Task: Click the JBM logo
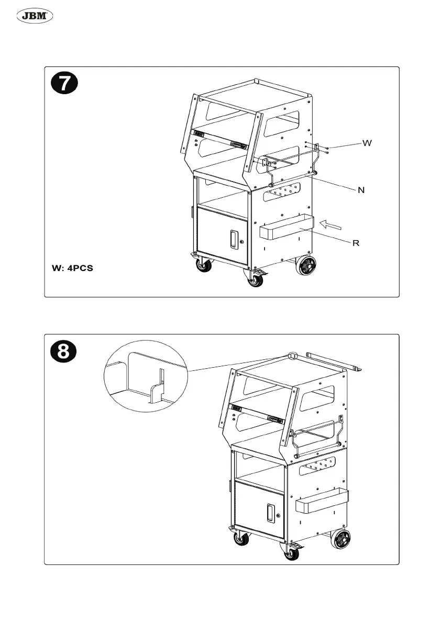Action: (36, 17)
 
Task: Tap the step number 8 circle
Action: (63, 351)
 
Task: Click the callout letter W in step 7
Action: (367, 142)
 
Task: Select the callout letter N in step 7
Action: (361, 190)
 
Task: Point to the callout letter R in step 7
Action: (356, 243)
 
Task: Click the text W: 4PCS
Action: (72, 268)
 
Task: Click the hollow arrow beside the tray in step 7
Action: (331, 225)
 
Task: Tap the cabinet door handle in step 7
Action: (232, 240)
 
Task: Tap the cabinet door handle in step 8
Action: (270, 512)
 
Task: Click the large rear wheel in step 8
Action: (340, 539)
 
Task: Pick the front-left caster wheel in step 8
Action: (241, 538)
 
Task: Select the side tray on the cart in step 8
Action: (322, 501)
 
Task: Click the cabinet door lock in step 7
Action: (241, 242)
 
